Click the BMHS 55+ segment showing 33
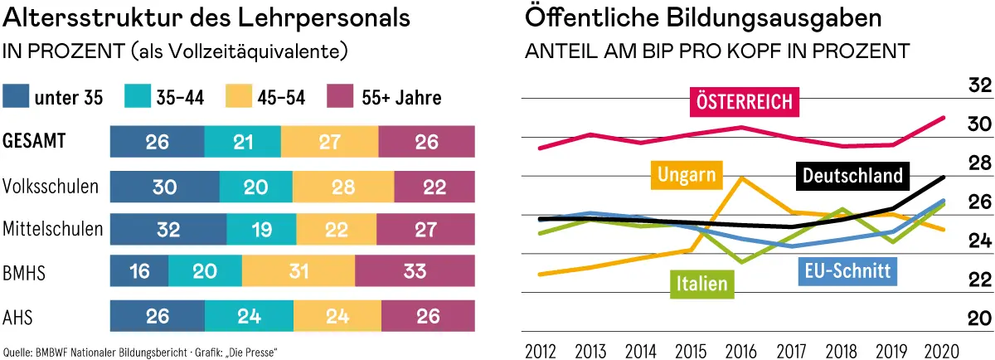[415, 270]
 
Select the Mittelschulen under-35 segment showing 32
[168, 228]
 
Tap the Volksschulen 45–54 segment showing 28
[342, 187]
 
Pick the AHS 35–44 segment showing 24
[249, 314]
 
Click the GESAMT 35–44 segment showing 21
[243, 143]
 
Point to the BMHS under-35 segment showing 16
[139, 270]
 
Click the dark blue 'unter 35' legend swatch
[16, 97]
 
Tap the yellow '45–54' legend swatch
[218, 97]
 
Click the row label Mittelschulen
[53, 228]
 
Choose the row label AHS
[18, 314]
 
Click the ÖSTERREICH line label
[745, 102]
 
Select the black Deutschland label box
[852, 176]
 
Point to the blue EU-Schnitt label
[847, 270]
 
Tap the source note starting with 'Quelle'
[140, 352]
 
